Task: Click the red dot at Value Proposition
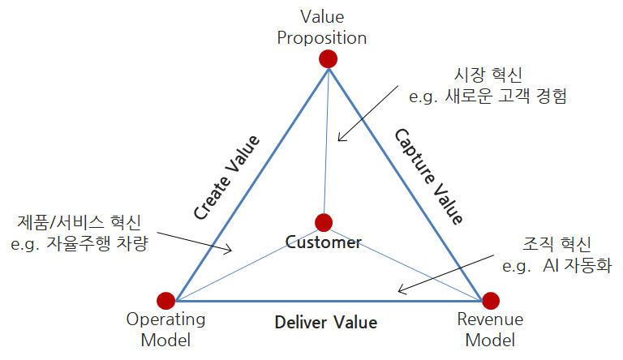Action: click(x=329, y=59)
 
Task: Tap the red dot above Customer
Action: click(x=324, y=222)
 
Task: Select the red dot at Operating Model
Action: click(x=166, y=301)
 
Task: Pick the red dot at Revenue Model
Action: click(x=491, y=301)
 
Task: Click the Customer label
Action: click(x=324, y=242)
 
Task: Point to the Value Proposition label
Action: click(x=322, y=28)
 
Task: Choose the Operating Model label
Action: click(x=165, y=330)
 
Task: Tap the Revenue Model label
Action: click(x=490, y=330)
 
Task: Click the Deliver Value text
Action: click(x=326, y=322)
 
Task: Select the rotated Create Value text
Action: click(x=226, y=178)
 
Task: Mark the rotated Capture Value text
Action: click(x=428, y=177)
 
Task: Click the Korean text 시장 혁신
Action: click(x=488, y=75)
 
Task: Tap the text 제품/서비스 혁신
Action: click(x=79, y=222)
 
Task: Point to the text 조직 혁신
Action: click(x=556, y=244)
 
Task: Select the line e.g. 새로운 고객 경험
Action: click(x=488, y=96)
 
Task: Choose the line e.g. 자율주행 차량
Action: click(x=79, y=243)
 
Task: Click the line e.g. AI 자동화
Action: click(x=557, y=265)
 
